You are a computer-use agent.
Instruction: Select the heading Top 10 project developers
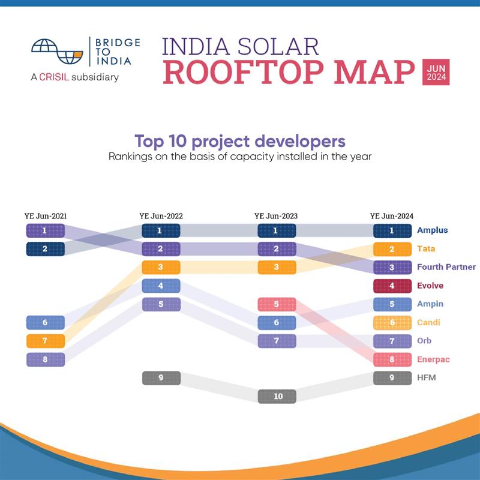(x=240, y=141)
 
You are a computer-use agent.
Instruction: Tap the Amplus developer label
(x=432, y=230)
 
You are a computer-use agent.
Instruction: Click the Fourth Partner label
(x=446, y=267)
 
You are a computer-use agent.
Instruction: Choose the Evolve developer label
(x=430, y=286)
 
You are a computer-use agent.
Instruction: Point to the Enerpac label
(x=433, y=359)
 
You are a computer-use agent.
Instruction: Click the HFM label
(x=427, y=378)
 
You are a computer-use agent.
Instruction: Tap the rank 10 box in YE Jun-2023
(x=277, y=397)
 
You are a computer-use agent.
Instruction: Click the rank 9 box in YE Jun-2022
(x=161, y=378)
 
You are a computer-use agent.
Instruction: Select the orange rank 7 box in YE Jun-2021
(x=45, y=341)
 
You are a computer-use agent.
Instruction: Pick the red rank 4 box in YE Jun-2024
(x=392, y=286)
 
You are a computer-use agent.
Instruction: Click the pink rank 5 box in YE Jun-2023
(x=277, y=304)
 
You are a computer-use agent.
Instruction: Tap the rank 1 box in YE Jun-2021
(x=45, y=230)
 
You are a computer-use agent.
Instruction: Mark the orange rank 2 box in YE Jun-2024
(x=392, y=249)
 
